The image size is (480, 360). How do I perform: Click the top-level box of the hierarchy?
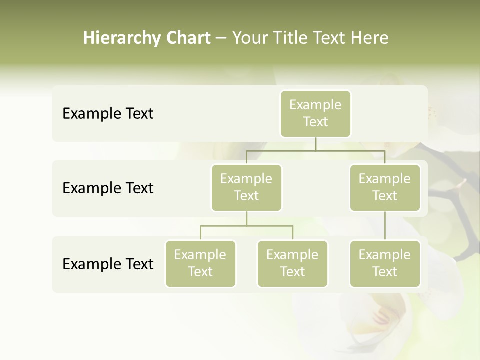tap(315, 113)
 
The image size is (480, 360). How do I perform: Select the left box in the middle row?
tap(246, 187)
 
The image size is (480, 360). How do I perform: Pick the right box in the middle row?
tap(385, 187)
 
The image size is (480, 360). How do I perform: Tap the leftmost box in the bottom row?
tap(200, 263)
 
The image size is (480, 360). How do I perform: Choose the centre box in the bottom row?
tap(292, 263)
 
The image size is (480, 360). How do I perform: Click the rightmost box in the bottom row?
tap(385, 263)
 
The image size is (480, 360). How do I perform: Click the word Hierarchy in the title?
tap(121, 38)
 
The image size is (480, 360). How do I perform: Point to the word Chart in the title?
tap(189, 38)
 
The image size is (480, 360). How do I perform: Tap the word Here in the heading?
tap(369, 38)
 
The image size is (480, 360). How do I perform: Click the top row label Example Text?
tap(108, 113)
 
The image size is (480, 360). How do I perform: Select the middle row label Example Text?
tap(108, 188)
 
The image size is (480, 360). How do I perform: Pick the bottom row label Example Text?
tap(108, 264)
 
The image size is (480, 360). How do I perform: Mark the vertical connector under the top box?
tap(315, 144)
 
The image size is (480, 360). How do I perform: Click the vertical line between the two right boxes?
tap(385, 226)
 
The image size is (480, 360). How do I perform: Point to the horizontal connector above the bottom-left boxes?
tap(246, 226)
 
